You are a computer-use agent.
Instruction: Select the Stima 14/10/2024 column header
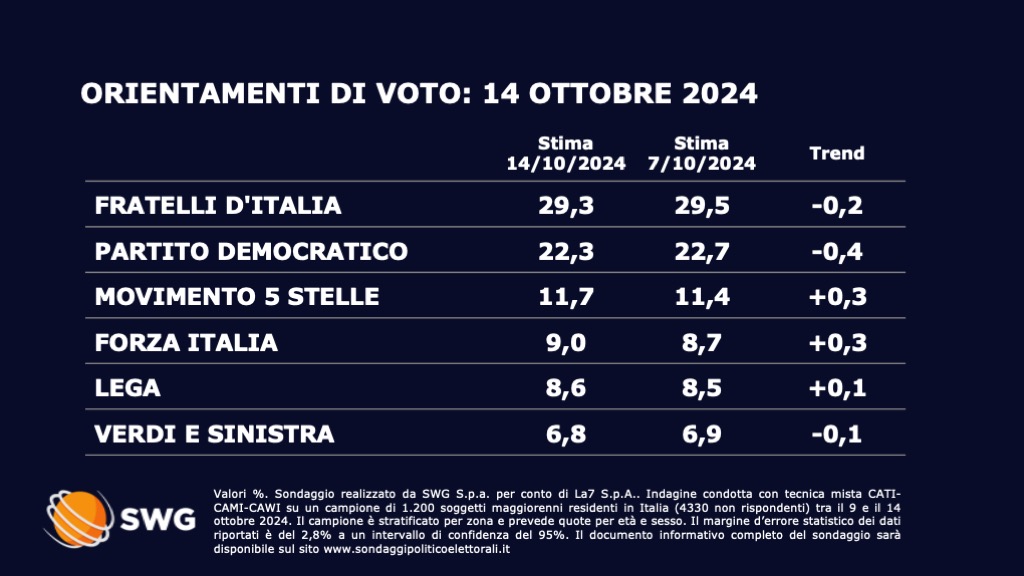(565, 153)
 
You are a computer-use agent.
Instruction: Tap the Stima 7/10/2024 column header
(701, 153)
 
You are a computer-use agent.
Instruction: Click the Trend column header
(836, 153)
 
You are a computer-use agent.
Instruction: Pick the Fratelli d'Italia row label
(218, 205)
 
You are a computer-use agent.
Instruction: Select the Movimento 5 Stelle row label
(237, 296)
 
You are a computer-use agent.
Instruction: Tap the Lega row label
(128, 388)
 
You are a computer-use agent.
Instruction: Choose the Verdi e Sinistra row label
(214, 434)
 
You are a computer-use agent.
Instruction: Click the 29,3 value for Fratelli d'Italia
(565, 205)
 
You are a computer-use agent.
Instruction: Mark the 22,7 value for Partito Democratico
(701, 250)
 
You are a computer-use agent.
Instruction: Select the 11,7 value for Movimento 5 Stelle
(565, 296)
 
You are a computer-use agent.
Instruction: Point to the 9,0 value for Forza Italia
(565, 342)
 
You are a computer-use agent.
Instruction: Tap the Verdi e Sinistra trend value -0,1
(836, 434)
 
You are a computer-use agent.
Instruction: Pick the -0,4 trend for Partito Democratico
(836, 250)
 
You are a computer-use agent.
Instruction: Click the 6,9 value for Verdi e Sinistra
(701, 434)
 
